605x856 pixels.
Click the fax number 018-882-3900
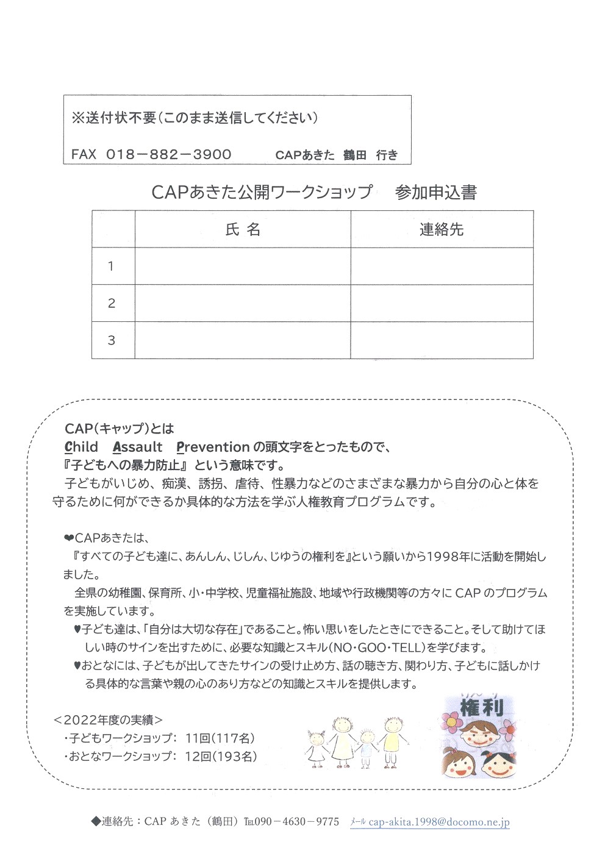(x=169, y=154)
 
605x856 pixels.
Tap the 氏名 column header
(x=243, y=229)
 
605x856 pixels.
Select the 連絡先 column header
(x=442, y=229)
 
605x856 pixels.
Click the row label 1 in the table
(x=111, y=266)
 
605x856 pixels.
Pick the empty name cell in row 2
(x=243, y=303)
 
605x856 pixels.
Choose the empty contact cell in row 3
(x=442, y=340)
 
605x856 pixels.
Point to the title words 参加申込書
(x=435, y=193)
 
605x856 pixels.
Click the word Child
(x=81, y=447)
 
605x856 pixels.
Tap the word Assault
(x=138, y=447)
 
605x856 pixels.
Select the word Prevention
(x=213, y=447)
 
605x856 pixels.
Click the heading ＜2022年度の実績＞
(x=109, y=720)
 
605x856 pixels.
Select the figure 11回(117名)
(x=220, y=738)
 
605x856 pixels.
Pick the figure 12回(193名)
(x=220, y=757)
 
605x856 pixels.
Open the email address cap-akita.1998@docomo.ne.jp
(x=439, y=822)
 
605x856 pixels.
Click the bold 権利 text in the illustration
(x=481, y=708)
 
